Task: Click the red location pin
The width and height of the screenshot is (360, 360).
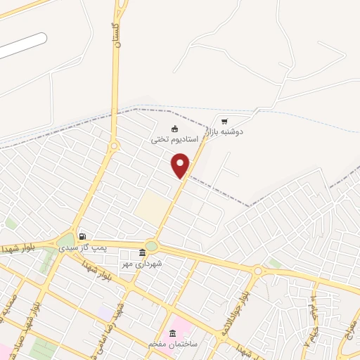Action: pyautogui.click(x=181, y=165)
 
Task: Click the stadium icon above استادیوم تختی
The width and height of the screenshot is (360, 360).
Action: pyautogui.click(x=175, y=128)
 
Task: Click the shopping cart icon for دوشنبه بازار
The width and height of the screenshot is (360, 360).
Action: pyautogui.click(x=224, y=121)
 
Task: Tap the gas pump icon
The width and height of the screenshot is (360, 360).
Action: pyautogui.click(x=83, y=236)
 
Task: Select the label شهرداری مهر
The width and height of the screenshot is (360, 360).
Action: pyautogui.click(x=143, y=264)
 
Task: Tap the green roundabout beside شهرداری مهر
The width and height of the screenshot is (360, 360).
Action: pyautogui.click(x=152, y=246)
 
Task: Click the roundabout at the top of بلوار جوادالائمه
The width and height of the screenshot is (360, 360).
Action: pyautogui.click(x=258, y=271)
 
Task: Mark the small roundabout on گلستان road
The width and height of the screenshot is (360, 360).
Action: pyautogui.click(x=114, y=146)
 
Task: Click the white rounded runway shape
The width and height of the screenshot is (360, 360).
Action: pyautogui.click(x=21, y=46)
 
